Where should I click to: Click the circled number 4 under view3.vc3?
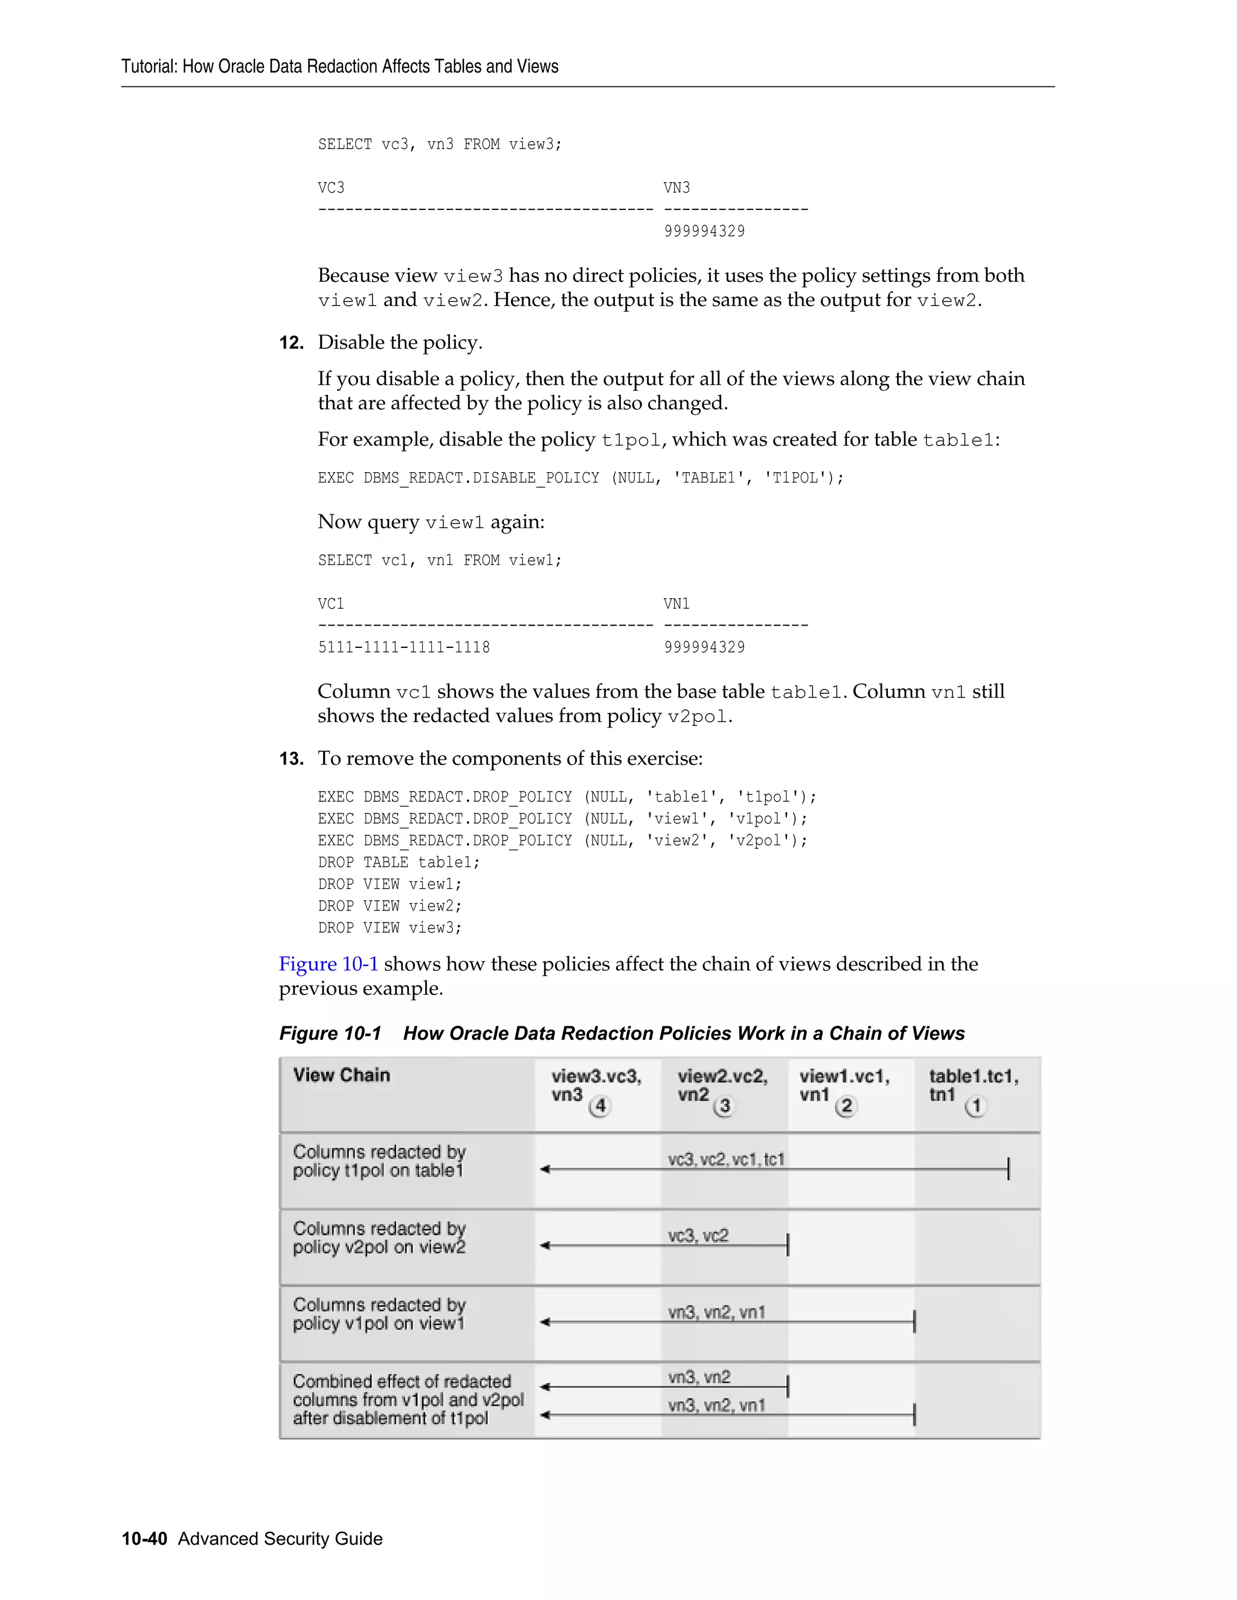(600, 1106)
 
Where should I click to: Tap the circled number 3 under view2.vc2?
(725, 1106)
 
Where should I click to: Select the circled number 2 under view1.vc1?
(846, 1106)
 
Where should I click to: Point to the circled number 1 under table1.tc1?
(975, 1106)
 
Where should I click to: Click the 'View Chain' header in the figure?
(341, 1075)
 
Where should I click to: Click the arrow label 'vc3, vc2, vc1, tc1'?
(725, 1159)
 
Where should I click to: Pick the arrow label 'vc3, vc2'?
(698, 1236)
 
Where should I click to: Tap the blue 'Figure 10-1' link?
(329, 964)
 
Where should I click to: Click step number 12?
(291, 343)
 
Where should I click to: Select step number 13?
(291, 759)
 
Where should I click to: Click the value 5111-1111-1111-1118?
(404, 648)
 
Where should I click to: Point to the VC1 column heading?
(330, 604)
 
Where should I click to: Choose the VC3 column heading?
(330, 188)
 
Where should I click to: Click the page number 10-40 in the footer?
(144, 1538)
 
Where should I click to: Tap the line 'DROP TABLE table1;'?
(399, 862)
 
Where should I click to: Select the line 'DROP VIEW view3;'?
(390, 928)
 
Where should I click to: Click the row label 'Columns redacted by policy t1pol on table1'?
(379, 1161)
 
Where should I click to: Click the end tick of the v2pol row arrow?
(788, 1246)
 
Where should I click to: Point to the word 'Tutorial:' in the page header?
(150, 66)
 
